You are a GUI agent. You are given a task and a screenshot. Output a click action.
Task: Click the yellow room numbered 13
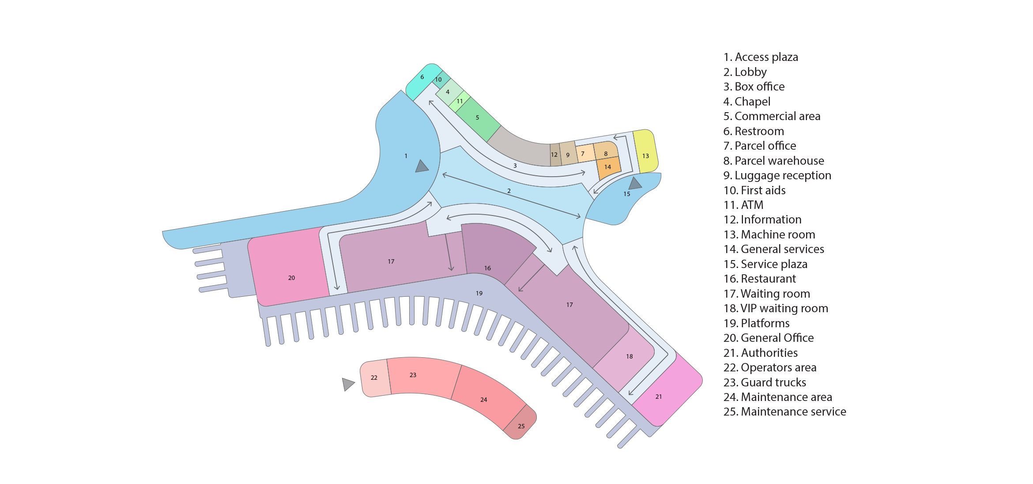coord(646,151)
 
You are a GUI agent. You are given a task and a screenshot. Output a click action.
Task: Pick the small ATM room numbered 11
coord(459,101)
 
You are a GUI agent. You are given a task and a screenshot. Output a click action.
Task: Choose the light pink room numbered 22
coord(375,378)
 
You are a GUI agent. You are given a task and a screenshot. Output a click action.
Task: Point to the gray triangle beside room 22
coord(348,384)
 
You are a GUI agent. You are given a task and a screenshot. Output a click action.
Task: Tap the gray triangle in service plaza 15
coord(635,183)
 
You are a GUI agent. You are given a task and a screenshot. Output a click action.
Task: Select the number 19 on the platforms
coord(479,293)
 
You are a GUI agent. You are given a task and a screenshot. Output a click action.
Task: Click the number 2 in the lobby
coord(509,191)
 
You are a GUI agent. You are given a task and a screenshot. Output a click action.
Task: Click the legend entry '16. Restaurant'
coord(760,279)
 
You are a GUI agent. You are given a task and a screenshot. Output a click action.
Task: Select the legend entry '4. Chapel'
coord(747,102)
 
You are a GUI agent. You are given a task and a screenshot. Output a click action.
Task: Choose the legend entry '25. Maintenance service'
coord(785,412)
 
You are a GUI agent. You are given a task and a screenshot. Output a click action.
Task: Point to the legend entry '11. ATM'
coord(743,205)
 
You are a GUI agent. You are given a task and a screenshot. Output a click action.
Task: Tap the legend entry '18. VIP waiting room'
coord(776,308)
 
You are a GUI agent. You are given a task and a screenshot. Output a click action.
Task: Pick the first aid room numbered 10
coord(440,80)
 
